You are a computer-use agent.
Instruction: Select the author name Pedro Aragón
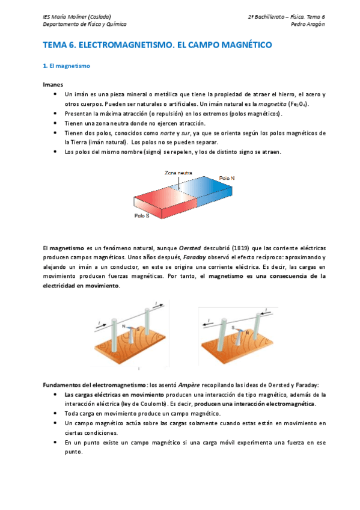coord(308,25)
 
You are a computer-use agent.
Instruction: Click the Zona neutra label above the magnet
coord(178,173)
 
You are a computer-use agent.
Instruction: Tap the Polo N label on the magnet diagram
coord(227,179)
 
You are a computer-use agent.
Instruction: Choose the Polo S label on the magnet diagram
coord(142,215)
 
